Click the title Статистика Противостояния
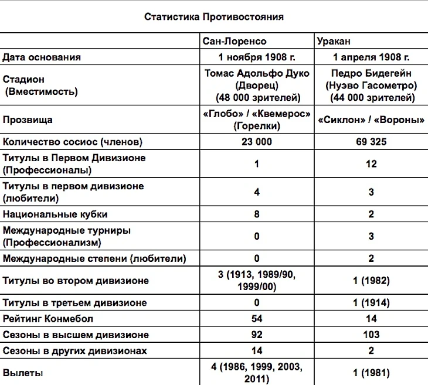pyautogui.click(x=214, y=17)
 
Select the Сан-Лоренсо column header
pyautogui.click(x=235, y=42)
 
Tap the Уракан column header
pyautogui.click(x=334, y=42)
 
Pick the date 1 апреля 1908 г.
pyautogui.click(x=371, y=57)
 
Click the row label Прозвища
pyautogui.click(x=28, y=120)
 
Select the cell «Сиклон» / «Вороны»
pyautogui.click(x=371, y=120)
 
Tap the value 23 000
pyautogui.click(x=257, y=142)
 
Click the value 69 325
pyautogui.click(x=371, y=142)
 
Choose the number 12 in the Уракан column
pyautogui.click(x=371, y=164)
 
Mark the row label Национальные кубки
pyautogui.click(x=55, y=214)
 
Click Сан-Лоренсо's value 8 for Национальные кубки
pyautogui.click(x=257, y=214)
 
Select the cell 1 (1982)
pyautogui.click(x=371, y=281)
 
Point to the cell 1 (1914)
pyautogui.click(x=371, y=303)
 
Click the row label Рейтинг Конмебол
pyautogui.click(x=48, y=319)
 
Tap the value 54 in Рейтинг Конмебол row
pyautogui.click(x=257, y=319)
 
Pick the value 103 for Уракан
pyautogui.click(x=371, y=335)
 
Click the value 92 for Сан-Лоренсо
pyautogui.click(x=257, y=335)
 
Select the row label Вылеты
pyautogui.click(x=23, y=373)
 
